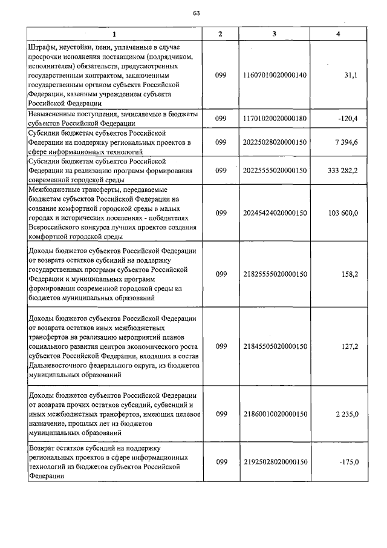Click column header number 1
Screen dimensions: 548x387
pos(113,34)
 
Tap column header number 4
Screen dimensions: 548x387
pos(338,34)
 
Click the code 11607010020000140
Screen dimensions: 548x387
pos(274,75)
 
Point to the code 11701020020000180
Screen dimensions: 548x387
pos(274,118)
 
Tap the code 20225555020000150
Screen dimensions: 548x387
pos(274,171)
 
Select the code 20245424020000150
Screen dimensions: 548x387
pos(274,213)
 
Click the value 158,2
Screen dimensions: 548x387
pos(349,274)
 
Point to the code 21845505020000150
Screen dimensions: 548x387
pos(274,346)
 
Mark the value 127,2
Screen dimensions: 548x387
pos(349,346)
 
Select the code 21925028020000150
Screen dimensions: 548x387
pos(274,462)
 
